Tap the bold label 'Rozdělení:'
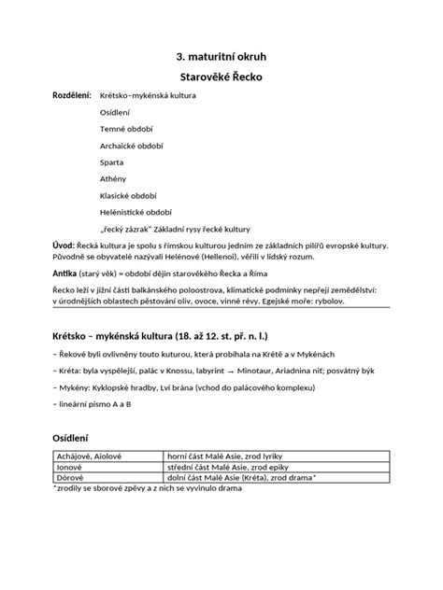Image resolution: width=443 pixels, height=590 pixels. [x=71, y=96]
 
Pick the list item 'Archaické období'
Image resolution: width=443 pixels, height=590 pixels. [x=133, y=146]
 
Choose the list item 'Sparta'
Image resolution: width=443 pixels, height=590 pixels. [x=113, y=162]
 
